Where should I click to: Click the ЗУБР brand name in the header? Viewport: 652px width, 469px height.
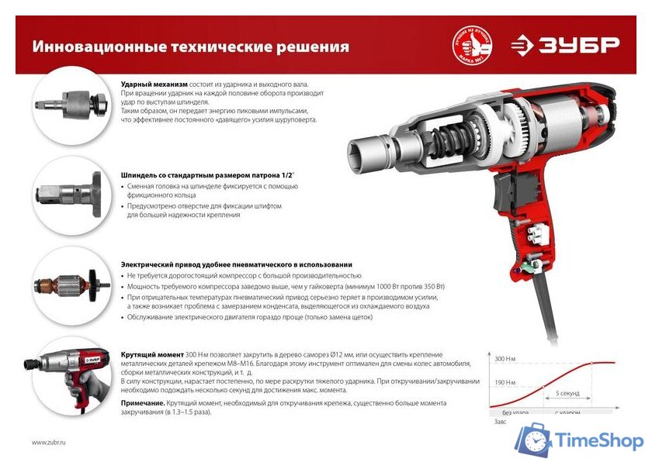tap(575, 44)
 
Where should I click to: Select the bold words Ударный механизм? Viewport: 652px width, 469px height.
tap(154, 84)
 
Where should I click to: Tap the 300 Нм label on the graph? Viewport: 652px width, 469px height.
tap(505, 359)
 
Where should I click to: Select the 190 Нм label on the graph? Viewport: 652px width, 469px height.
tap(505, 383)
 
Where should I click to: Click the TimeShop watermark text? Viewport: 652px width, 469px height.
tap(599, 441)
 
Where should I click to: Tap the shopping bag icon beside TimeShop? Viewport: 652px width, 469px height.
tap(534, 440)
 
